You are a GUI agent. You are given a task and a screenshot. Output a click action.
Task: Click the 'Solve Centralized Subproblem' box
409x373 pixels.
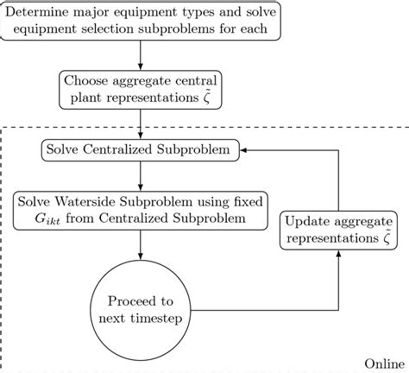coord(141,151)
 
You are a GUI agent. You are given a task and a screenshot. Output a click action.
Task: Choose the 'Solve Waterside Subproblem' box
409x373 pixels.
coord(140,210)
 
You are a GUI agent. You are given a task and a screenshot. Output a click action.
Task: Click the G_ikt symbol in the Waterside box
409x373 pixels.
coord(41,219)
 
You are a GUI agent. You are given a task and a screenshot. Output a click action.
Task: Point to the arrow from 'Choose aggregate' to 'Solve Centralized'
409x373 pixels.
coord(140,124)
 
